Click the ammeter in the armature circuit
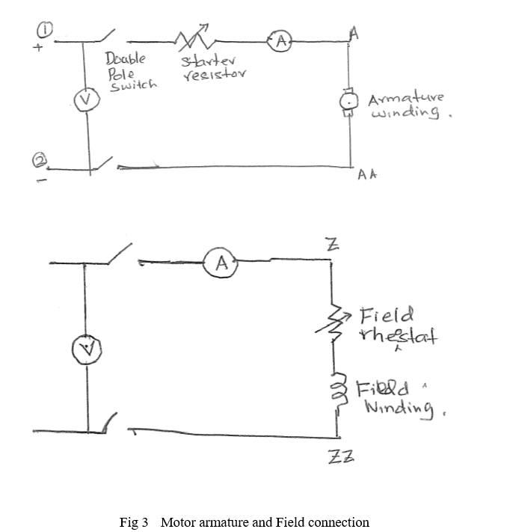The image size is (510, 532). pyautogui.click(x=280, y=42)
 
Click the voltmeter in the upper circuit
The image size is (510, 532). pyautogui.click(x=88, y=99)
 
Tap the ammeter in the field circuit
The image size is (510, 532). pyautogui.click(x=221, y=263)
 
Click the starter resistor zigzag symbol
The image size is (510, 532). pyautogui.click(x=195, y=39)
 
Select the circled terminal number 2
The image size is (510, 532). pyautogui.click(x=40, y=160)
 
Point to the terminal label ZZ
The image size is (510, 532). pyautogui.click(x=340, y=456)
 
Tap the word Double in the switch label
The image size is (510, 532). pyautogui.click(x=125, y=58)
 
